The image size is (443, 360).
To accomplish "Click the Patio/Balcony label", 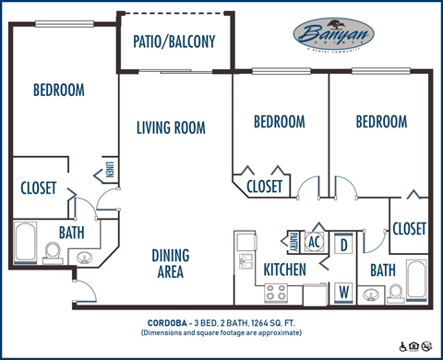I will pos(175,42).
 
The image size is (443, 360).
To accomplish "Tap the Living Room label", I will pos(171,127).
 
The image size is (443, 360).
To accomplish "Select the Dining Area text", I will pos(170,263).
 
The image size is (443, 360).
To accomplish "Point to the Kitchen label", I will pos(285,270).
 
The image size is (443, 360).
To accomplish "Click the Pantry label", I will pos(293,240).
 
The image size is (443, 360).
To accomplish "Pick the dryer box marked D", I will pos(343,245).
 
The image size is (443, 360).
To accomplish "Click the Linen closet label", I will pos(110,171).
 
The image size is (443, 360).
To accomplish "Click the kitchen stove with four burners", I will pos(276,294).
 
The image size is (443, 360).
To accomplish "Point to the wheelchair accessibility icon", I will pos(404,346).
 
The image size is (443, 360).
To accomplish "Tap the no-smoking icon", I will pos(427,346).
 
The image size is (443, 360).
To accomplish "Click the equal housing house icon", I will pos(415,346).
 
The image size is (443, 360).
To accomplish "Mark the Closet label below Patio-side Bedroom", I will pos(265,186).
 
